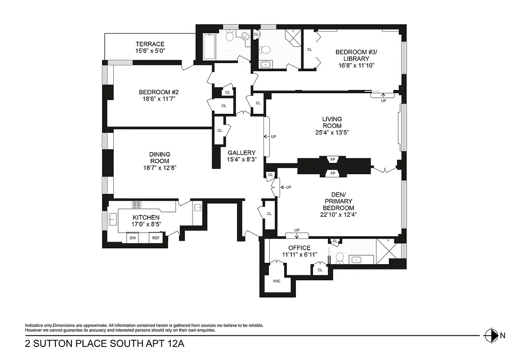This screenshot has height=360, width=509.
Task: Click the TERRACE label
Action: (150, 44)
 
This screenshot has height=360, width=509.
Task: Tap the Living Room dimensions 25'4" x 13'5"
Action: (332, 132)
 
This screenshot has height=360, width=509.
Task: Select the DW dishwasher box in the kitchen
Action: (133, 238)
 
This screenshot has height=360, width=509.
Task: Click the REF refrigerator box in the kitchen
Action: (155, 238)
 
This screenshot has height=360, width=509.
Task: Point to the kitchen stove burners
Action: (137, 205)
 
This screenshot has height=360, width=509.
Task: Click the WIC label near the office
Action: (277, 281)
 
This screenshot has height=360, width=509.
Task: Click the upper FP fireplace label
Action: (333, 159)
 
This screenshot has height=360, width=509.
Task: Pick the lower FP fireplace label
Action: (333, 173)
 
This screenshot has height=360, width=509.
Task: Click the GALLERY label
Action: (241, 153)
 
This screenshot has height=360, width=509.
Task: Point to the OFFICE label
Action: (299, 248)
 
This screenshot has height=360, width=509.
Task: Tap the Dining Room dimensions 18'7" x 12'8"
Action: (160, 168)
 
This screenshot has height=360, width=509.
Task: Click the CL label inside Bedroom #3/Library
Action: (309, 49)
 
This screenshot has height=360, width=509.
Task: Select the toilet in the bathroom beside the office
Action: (340, 258)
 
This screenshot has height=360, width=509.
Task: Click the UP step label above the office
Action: (297, 230)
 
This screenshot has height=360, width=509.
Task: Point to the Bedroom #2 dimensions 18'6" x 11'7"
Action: (160, 99)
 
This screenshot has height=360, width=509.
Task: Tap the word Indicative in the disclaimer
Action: (34, 325)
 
